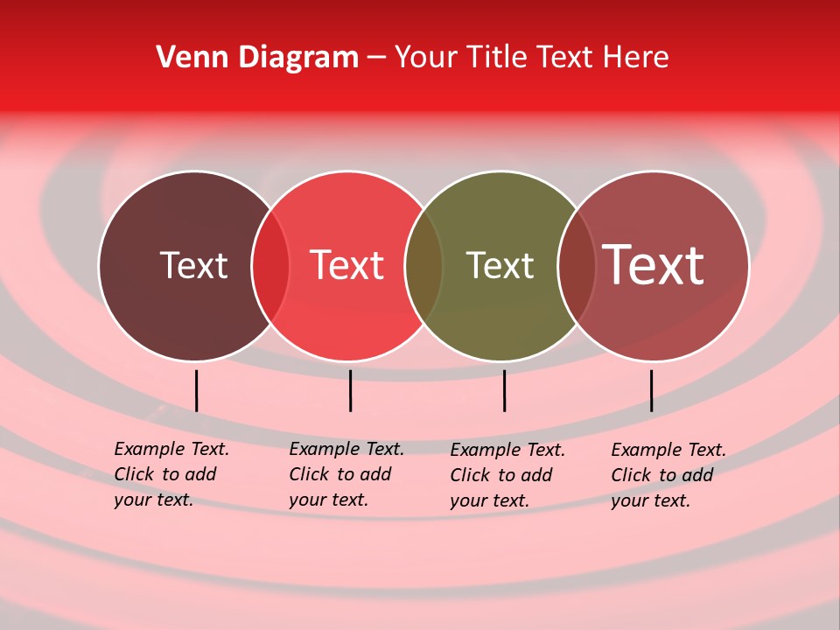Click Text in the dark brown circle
click(x=193, y=265)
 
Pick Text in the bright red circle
click(x=346, y=265)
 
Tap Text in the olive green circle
click(x=500, y=265)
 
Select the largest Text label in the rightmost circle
click(x=653, y=265)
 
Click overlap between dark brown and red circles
click(x=270, y=266)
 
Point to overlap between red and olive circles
click(x=423, y=266)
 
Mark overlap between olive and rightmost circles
click(x=576, y=266)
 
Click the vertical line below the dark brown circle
click(x=196, y=390)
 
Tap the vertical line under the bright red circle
click(x=350, y=390)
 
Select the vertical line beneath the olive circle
click(x=504, y=390)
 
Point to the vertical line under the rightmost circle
click(x=651, y=390)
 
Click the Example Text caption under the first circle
click(x=171, y=474)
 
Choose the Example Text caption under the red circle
click(x=346, y=474)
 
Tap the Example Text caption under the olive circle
click(x=507, y=475)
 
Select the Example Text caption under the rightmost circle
click(x=668, y=475)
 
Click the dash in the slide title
click(x=376, y=59)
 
